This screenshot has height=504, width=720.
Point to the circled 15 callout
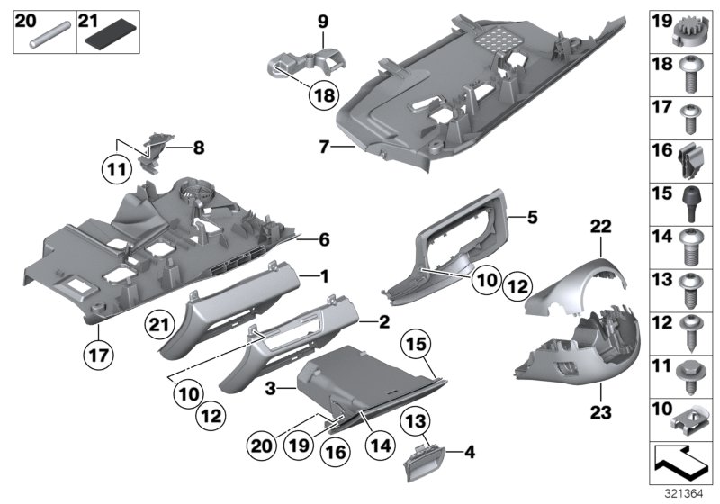tap(415, 345)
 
